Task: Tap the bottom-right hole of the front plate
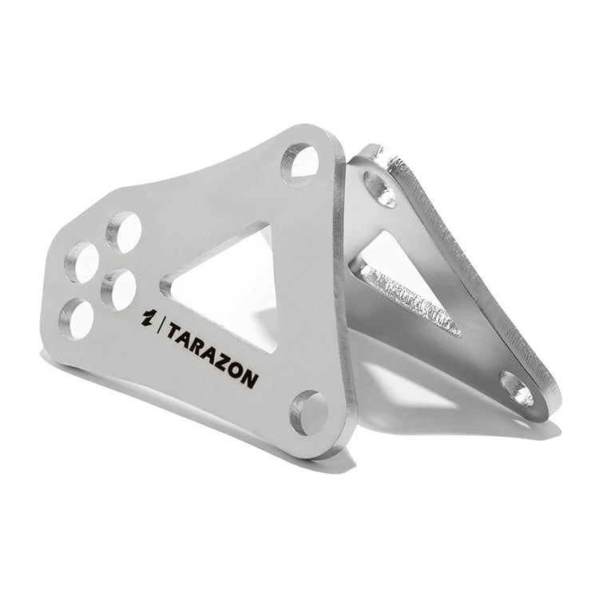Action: click(308, 413)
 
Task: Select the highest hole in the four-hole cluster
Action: click(124, 232)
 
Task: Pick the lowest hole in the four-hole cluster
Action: click(77, 319)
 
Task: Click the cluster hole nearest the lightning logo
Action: click(118, 289)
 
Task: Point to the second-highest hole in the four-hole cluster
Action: click(81, 262)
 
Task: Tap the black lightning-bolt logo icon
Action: click(148, 318)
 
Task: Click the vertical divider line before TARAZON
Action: click(161, 326)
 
